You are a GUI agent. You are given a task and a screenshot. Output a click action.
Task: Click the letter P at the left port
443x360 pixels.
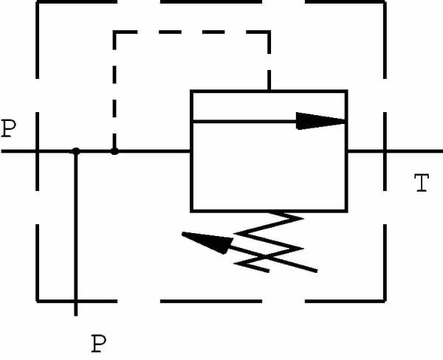8,129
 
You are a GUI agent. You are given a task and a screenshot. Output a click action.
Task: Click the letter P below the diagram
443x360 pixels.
98,343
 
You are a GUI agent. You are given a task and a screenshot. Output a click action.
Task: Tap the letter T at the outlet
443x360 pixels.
421,183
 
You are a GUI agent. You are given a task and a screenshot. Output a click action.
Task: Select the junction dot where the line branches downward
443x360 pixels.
75,151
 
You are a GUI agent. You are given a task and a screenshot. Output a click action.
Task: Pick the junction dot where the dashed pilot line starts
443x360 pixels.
114,151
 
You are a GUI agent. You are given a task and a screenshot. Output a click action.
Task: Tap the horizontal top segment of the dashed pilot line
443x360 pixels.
192,31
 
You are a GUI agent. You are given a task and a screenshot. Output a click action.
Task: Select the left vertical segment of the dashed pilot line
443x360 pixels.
114,89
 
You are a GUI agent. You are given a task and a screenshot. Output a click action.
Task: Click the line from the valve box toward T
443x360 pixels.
365,151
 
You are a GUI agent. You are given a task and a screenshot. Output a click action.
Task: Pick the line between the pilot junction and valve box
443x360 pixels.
152,151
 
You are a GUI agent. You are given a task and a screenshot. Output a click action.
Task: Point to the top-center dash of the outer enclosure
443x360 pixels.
210,2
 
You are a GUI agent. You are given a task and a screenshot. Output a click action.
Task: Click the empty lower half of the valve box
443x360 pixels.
269,181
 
